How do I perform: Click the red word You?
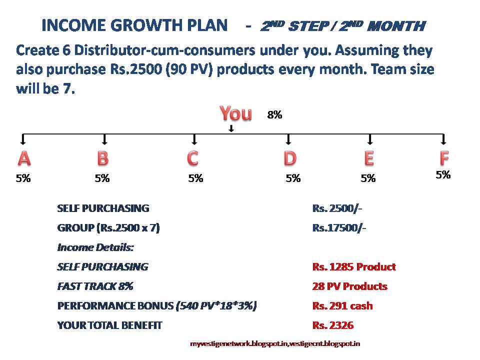[x=236, y=113]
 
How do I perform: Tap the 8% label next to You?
[x=274, y=115]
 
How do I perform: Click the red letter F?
[x=444, y=158]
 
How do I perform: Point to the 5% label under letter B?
[x=102, y=178]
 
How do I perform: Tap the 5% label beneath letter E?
[x=368, y=178]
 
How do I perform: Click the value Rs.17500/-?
[x=339, y=228]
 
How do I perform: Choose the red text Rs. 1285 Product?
[x=354, y=267]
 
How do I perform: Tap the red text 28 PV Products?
[x=349, y=286]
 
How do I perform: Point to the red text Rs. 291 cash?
[x=342, y=306]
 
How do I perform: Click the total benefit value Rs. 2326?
[x=333, y=325]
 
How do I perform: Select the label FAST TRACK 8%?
[x=95, y=286]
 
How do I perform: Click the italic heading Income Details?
[x=95, y=247]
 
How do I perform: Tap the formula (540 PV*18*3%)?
[x=216, y=306]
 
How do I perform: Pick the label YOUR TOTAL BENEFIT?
[x=110, y=325]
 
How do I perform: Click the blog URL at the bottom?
[x=275, y=343]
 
